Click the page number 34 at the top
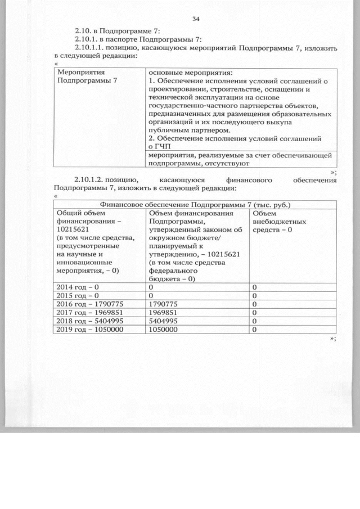[196, 20]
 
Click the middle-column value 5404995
[166, 321]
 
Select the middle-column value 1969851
[166, 313]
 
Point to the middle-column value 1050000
[166, 330]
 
